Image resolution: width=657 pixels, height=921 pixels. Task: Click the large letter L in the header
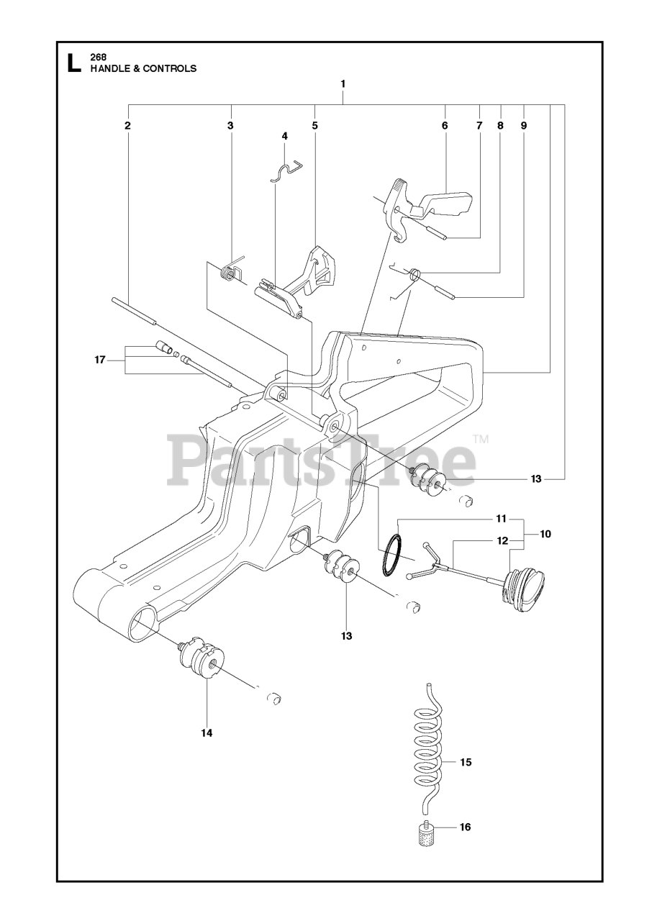coord(73,63)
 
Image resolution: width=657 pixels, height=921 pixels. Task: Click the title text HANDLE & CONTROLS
coord(142,69)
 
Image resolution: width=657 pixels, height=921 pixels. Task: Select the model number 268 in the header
coord(98,58)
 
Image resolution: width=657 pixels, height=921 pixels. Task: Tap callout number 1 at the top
coord(343,83)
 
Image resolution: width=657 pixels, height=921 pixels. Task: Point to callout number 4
coord(285,135)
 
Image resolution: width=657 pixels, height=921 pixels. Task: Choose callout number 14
coord(207,733)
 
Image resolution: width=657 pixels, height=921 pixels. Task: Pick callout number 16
coord(465,827)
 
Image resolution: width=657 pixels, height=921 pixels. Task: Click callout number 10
coord(545,534)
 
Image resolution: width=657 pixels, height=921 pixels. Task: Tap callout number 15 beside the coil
coord(466,762)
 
